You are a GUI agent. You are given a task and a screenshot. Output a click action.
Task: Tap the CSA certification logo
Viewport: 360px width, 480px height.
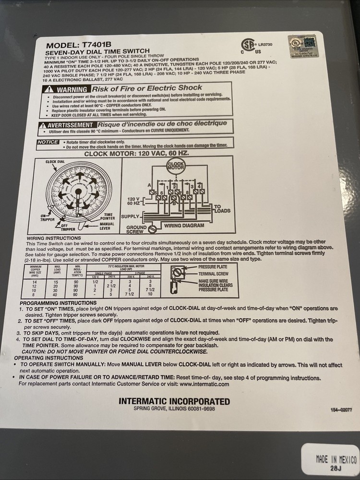pos(248,45)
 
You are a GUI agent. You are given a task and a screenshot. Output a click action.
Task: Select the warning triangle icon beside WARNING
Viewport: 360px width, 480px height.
pos(48,90)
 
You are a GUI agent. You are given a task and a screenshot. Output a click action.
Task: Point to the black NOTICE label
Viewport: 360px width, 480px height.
pos(48,142)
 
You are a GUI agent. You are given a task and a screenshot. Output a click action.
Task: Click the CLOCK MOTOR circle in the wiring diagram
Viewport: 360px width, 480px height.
pos(175,167)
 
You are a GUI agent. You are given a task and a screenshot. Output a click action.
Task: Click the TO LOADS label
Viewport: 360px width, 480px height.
pos(222,209)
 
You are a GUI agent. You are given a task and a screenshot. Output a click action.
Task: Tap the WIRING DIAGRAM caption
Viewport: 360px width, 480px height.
pos(184,225)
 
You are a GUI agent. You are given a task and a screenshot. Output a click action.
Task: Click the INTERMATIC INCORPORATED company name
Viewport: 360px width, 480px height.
pos(174,401)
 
